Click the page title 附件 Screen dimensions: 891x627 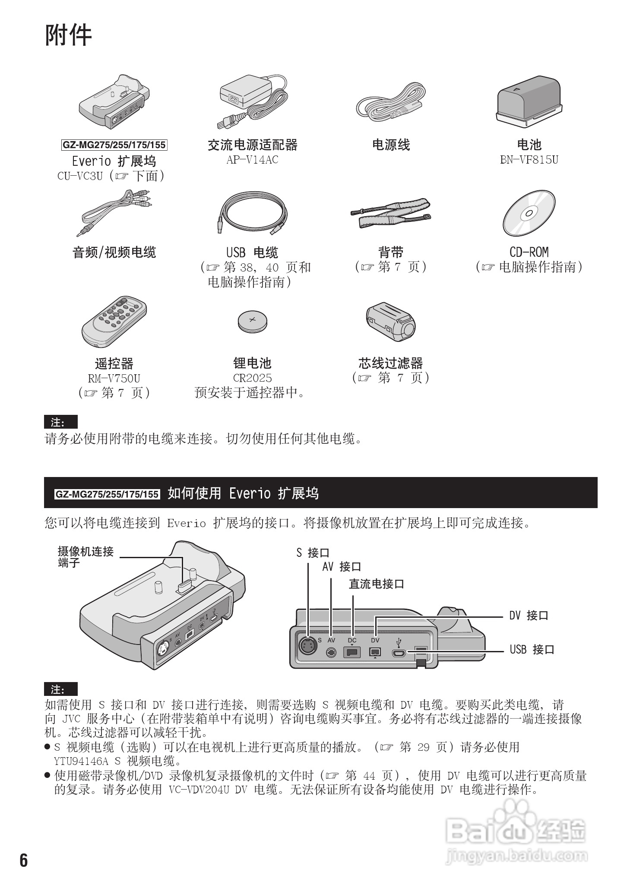tap(68, 35)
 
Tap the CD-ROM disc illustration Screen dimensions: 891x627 tap(529, 213)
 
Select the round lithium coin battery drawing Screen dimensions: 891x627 tap(252, 321)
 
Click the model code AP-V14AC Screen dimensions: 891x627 tap(252, 160)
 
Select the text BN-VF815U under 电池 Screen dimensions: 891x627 tap(529, 160)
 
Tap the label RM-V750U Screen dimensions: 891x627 tap(114, 378)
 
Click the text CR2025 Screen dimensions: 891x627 tap(252, 378)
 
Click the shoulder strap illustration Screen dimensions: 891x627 tap(390, 213)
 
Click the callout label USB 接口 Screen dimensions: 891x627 tap(532, 649)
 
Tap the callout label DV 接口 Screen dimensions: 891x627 tap(529, 616)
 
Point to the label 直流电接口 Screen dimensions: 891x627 tap(376, 584)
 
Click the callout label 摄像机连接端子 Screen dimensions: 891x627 tap(85, 556)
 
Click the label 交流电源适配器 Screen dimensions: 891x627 tap(252, 145)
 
